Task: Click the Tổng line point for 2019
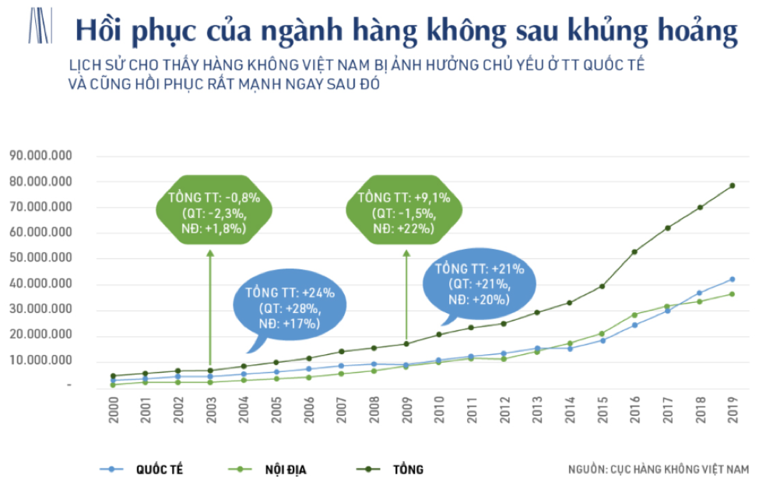pos(733,185)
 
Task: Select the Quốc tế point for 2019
pos(733,279)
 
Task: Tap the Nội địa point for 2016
pos(634,315)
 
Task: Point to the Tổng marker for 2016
pos(634,251)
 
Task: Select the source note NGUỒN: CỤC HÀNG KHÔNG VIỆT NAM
pos(658,469)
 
